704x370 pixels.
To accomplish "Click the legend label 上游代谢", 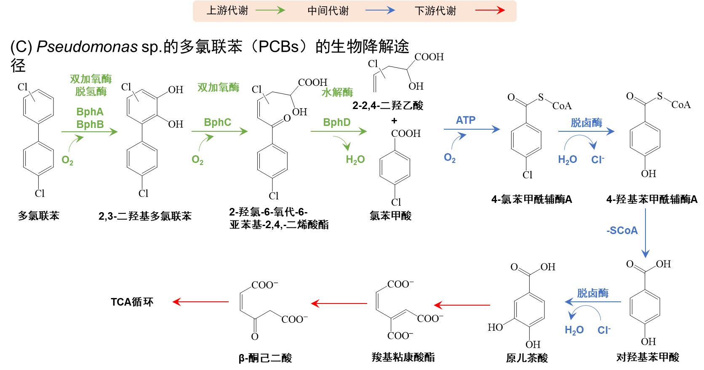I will [227, 11].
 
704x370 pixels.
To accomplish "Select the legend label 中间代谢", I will [328, 11].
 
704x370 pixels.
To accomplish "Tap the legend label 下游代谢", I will [435, 11].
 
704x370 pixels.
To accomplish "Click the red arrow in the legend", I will [490, 11].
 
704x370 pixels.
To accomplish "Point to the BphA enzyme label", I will [90, 112].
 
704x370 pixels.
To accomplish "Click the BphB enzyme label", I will [90, 125].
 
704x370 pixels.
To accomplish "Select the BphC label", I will [217, 122].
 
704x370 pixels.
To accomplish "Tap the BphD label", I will [336, 122].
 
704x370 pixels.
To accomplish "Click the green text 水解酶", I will [337, 93].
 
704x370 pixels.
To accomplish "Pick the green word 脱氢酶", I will [91, 92].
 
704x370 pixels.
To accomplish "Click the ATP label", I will [466, 120].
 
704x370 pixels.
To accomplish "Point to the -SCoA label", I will [622, 231].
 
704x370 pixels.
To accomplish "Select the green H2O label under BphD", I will [355, 160].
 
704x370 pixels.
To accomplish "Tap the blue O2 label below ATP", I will [450, 158].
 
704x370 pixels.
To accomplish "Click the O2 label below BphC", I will [197, 160].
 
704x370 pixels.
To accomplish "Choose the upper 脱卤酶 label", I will [586, 123].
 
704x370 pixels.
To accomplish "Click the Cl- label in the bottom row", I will [604, 330].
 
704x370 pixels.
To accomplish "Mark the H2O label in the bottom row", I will [574, 330].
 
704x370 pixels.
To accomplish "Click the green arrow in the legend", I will [270, 11].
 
